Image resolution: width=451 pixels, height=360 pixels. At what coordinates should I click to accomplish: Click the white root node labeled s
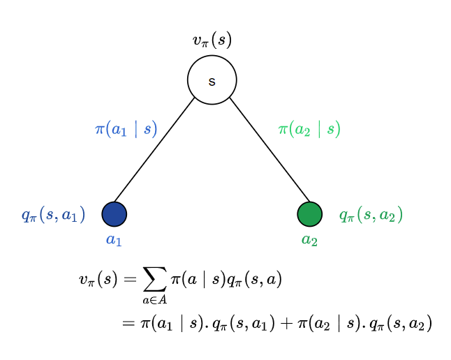[x=212, y=80]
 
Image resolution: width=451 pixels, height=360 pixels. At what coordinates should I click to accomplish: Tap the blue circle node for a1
[x=114, y=214]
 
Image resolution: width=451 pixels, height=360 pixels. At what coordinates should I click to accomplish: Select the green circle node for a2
[x=309, y=214]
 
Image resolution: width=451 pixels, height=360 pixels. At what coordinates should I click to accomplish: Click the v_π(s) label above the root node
[x=212, y=40]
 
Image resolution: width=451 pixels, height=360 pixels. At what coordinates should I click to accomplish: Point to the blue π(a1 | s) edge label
[x=126, y=129]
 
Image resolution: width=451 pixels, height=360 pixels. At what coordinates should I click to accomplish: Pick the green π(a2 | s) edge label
[x=309, y=129]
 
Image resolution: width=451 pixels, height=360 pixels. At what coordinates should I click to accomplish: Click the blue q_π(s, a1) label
[x=53, y=216]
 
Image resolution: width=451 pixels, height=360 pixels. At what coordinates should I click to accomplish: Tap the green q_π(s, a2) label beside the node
[x=371, y=216]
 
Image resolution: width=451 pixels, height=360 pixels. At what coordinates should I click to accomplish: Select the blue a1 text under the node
[x=114, y=240]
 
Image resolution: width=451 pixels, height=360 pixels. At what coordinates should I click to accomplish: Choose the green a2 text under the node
[x=309, y=240]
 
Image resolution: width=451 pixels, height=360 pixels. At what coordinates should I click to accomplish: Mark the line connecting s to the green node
[x=269, y=149]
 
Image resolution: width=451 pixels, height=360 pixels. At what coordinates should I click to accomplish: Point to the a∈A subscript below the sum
[x=155, y=301]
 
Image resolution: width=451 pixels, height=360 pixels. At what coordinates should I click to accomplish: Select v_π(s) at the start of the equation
[x=98, y=280]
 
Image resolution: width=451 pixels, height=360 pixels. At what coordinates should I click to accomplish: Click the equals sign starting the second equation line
[x=127, y=323]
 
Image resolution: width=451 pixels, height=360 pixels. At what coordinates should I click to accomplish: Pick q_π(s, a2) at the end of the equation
[x=401, y=324]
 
